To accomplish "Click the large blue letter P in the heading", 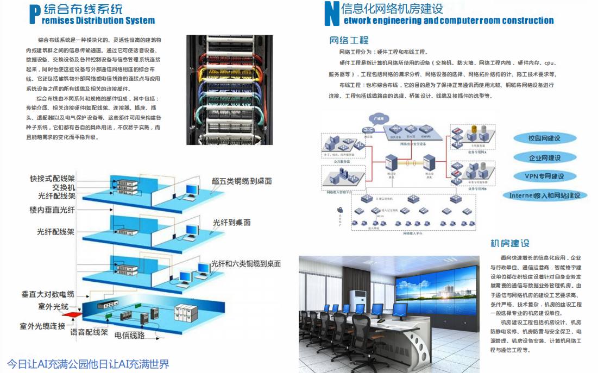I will [34, 14].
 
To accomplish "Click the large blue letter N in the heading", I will [331, 14].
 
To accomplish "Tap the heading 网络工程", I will [349, 40].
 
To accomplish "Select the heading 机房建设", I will [509, 243].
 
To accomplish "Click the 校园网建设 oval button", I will [544, 138].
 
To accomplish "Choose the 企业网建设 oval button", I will [544, 157].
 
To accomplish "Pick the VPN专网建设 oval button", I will [544, 176].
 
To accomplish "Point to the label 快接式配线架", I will [52, 178].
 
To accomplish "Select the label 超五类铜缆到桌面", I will [242, 181].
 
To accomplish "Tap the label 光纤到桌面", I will [231, 223].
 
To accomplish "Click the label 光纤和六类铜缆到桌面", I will [246, 264].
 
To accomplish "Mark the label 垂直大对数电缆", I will [48, 294].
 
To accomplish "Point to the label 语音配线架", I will [89, 332].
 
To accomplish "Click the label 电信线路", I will [129, 336].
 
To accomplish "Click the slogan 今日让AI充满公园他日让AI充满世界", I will [88, 363].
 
